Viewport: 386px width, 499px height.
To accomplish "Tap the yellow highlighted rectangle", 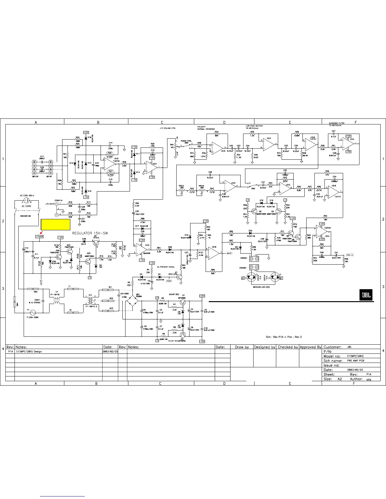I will (x=56, y=225).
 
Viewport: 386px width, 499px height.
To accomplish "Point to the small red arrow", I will (x=41, y=233).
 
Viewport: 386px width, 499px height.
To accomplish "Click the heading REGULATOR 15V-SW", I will (x=90, y=233).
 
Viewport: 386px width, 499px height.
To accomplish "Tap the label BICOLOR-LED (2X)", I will (x=261, y=287).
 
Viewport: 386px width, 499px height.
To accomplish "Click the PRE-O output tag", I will (x=350, y=255).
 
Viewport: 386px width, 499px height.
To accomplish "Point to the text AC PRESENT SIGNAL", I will (x=166, y=267).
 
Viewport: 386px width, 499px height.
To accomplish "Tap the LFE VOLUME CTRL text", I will (x=168, y=128).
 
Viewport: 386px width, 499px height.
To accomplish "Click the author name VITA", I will (x=368, y=380).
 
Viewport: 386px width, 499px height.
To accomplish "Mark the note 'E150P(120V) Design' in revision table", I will (x=29, y=351).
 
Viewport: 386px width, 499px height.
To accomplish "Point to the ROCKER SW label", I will (x=26, y=216).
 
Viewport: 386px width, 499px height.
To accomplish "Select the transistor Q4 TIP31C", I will (x=96, y=242).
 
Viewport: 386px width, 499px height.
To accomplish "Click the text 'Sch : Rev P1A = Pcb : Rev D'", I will (x=284, y=337).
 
